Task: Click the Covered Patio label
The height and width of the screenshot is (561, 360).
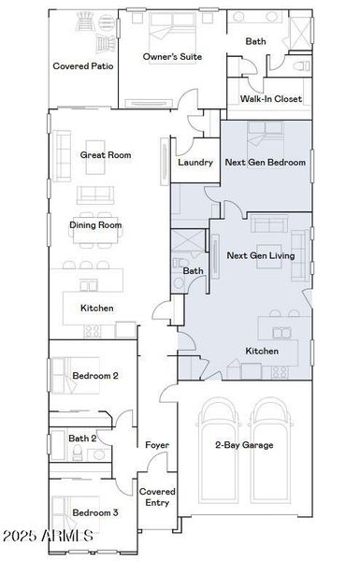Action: (83, 66)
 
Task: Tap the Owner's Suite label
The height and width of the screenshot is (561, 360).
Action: (173, 58)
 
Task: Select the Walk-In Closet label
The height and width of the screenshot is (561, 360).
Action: (271, 98)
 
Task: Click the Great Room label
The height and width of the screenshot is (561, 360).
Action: (106, 155)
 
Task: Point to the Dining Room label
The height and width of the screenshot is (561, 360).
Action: (95, 224)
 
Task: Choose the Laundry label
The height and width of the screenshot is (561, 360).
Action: (194, 163)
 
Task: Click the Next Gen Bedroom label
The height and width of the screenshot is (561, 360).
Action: (266, 163)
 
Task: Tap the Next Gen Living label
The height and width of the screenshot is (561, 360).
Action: (261, 254)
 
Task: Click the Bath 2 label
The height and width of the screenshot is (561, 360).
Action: (82, 438)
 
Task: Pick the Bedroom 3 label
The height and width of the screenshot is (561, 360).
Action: (95, 512)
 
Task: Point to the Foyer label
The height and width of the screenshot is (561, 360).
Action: (156, 445)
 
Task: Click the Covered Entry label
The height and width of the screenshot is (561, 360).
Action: (156, 496)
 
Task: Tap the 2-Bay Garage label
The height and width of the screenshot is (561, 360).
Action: (244, 445)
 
